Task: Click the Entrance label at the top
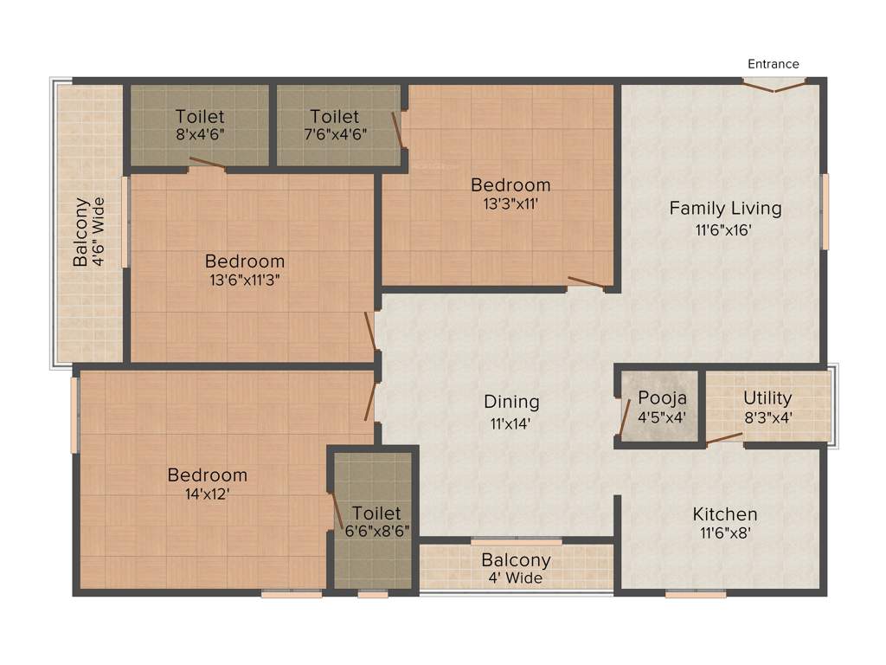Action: tap(773, 64)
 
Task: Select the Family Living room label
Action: tap(725, 209)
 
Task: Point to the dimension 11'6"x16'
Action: tap(725, 230)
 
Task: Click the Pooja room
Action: tap(662, 406)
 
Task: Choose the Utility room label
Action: tap(767, 398)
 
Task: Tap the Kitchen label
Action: tap(724, 514)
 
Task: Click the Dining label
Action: tap(511, 402)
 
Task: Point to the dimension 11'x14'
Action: tap(511, 424)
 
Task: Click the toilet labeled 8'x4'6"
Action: tap(200, 125)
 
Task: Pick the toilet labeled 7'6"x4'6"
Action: tap(334, 125)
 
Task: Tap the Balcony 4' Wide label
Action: tap(516, 568)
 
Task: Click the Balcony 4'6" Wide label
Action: tap(88, 232)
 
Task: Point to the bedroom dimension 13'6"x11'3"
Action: tap(244, 280)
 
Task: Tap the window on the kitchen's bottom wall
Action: tap(696, 594)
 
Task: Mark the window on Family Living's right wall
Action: tap(825, 210)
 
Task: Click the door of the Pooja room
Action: tap(625, 416)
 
